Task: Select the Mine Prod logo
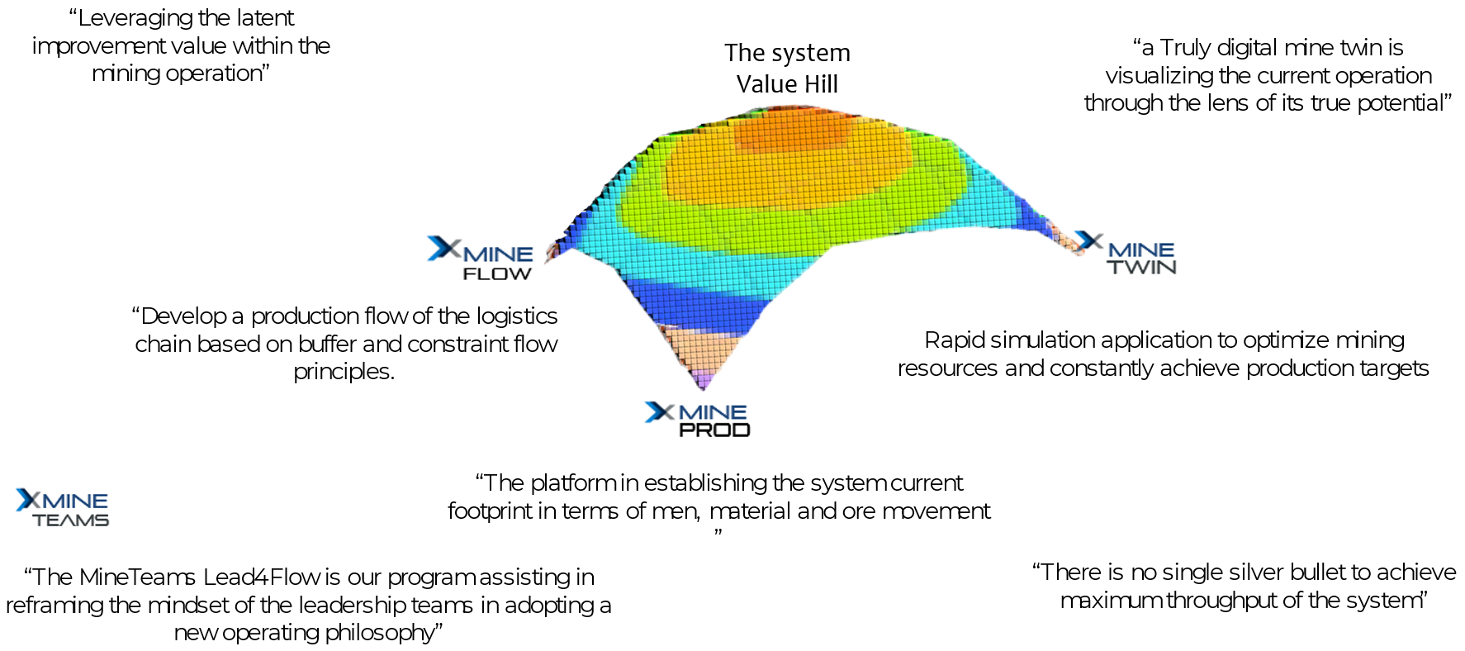click(698, 419)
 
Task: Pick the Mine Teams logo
click(63, 508)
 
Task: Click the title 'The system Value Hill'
click(787, 68)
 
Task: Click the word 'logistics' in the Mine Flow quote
click(517, 316)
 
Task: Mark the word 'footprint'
click(491, 511)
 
